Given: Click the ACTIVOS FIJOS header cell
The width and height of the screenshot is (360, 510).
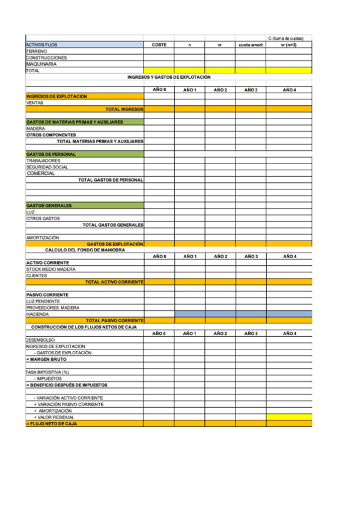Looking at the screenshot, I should click(x=42, y=45).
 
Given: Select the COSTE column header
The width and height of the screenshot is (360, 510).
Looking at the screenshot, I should click(x=159, y=45).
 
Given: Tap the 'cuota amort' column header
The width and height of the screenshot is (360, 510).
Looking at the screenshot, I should click(x=251, y=45).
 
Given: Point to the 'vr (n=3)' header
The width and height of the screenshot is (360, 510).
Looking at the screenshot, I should click(x=289, y=45).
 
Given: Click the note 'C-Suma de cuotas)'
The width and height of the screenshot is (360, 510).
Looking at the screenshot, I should click(x=289, y=38).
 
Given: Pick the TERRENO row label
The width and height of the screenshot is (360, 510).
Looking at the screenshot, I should click(x=37, y=52).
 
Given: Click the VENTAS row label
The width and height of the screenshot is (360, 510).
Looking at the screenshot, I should click(x=35, y=103).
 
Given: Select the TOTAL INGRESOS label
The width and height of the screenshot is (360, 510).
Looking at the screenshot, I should click(x=124, y=109).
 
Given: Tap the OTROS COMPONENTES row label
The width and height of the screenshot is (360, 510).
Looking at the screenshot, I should click(x=51, y=135).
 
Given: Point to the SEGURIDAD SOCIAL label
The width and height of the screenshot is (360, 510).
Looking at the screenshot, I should click(x=47, y=167).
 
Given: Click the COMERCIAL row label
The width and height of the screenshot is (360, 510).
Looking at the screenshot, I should click(x=41, y=173).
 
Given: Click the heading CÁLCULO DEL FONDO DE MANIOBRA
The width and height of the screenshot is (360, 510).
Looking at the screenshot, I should click(x=85, y=250).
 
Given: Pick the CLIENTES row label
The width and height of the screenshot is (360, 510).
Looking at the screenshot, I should click(x=37, y=275).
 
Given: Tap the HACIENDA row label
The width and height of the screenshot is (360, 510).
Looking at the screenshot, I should click(x=37, y=314).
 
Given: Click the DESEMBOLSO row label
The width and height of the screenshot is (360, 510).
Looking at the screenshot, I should click(x=40, y=340).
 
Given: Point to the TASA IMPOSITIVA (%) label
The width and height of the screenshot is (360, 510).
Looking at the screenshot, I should click(x=47, y=372).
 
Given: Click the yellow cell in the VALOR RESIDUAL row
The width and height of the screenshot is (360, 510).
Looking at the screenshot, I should click(x=289, y=417).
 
